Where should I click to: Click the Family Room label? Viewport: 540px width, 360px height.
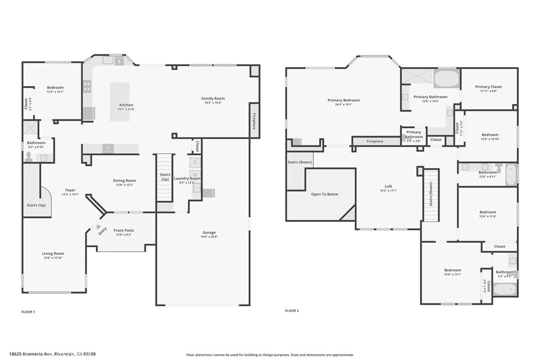point(213,99)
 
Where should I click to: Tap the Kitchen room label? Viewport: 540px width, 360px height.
point(126,105)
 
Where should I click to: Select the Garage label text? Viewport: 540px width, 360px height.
point(209,232)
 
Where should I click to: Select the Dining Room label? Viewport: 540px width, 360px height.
point(124,181)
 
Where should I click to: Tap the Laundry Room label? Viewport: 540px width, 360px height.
point(187,179)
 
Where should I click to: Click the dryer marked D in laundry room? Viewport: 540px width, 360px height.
point(195,163)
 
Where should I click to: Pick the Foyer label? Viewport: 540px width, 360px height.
point(70,190)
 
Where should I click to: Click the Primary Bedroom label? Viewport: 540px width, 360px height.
point(343,100)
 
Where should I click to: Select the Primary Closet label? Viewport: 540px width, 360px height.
point(488,87)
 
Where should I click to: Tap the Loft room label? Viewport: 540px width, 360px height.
point(388,187)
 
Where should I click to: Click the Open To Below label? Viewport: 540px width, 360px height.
point(325,194)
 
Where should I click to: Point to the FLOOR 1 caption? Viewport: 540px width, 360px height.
point(28,312)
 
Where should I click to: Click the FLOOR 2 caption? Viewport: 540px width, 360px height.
point(292,311)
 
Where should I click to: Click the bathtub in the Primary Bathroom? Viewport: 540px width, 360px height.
point(446,79)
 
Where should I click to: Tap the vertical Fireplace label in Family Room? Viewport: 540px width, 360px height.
point(254,121)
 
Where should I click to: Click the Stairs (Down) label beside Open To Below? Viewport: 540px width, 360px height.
point(300,162)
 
